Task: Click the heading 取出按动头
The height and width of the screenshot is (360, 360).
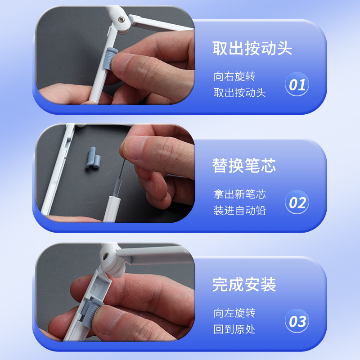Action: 252,48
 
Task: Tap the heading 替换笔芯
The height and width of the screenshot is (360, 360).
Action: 244,166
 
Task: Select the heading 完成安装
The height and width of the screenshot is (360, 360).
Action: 244,284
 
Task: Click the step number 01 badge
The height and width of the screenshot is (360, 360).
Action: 297,84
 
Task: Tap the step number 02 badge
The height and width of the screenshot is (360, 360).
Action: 297,202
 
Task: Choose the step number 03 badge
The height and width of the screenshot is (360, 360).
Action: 297,321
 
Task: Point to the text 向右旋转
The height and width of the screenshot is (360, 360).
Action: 234,76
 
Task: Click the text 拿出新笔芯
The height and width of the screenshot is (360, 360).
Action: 239,194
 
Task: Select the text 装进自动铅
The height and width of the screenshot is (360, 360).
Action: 239,211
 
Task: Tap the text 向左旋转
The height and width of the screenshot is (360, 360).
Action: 234,313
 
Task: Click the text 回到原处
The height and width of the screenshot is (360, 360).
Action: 234,329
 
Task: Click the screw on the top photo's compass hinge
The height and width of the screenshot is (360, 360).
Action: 121,20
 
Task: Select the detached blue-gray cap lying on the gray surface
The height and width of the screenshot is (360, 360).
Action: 93,158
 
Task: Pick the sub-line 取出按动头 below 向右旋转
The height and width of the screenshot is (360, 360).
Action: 239,93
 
